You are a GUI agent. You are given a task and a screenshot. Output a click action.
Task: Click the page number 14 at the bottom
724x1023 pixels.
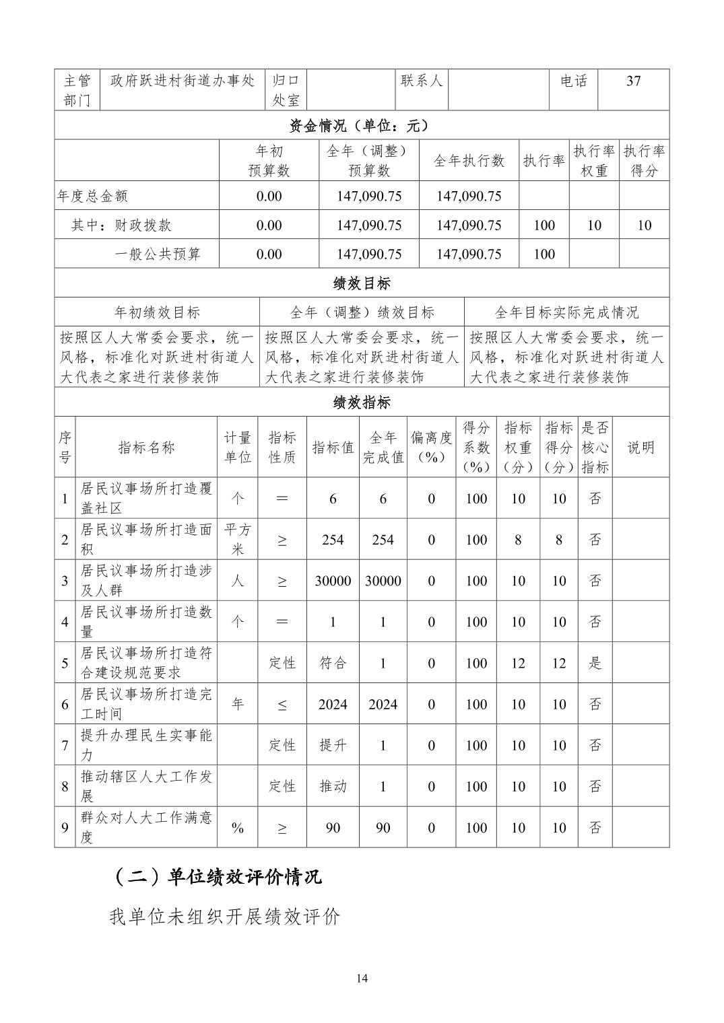[x=362, y=979]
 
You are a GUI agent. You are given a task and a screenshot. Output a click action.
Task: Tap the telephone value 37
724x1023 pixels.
[x=633, y=81]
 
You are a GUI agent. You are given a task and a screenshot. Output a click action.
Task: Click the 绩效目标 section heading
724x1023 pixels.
[x=362, y=283]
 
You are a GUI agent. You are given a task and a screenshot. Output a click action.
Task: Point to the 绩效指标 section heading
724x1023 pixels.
[x=362, y=402]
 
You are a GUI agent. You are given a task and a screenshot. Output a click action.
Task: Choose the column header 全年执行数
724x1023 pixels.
[x=469, y=161]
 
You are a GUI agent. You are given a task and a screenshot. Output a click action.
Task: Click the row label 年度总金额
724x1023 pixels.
[x=92, y=197]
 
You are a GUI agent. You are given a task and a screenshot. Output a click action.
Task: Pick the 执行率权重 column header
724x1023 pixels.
[x=594, y=161]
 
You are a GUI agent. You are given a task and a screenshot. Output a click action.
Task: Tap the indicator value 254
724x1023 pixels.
[x=333, y=540]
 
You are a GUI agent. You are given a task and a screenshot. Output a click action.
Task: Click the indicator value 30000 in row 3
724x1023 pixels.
[x=333, y=581]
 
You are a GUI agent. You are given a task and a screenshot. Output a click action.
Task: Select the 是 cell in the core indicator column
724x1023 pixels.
[x=595, y=663]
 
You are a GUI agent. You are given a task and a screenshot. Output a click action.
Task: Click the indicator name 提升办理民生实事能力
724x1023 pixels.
[x=146, y=745]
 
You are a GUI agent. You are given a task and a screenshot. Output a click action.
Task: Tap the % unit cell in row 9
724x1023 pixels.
[x=237, y=828]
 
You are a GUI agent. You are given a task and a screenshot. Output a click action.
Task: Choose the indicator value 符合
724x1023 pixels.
[x=333, y=663]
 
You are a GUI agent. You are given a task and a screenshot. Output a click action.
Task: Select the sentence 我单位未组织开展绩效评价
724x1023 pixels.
[x=225, y=917]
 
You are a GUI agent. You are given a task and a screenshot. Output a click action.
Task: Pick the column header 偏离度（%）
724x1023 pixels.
[x=431, y=448]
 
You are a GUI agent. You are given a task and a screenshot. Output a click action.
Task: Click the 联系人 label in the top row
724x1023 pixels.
[x=422, y=81]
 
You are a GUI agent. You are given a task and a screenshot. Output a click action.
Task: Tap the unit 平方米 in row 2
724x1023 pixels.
[x=237, y=540]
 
